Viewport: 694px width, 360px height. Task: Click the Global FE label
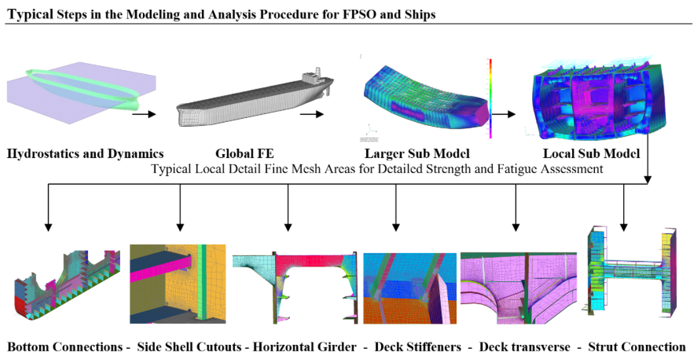[x=245, y=153]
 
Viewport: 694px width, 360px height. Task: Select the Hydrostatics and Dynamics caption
[x=85, y=154]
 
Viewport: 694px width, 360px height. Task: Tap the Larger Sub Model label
[x=417, y=153]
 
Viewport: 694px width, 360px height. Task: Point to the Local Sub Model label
[x=591, y=153]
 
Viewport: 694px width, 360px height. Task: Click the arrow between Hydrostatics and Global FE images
[x=144, y=114]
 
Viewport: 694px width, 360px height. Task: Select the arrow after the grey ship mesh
[x=312, y=114]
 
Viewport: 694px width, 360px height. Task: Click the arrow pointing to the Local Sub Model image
[x=504, y=114]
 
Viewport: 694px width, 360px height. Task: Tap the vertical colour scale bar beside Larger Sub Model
[x=490, y=98]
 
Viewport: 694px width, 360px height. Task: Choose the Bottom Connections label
[x=65, y=347]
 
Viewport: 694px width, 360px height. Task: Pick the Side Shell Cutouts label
[x=190, y=347]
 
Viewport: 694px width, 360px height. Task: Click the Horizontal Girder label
[x=304, y=347]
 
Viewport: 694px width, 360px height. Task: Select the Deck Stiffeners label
[x=418, y=347]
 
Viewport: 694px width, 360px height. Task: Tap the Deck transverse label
[x=525, y=347]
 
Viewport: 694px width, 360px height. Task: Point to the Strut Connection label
[x=637, y=347]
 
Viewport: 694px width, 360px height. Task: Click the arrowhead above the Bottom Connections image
[x=49, y=228]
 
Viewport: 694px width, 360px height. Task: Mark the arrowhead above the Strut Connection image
[x=624, y=228]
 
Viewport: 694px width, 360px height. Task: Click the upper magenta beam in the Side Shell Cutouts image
[x=161, y=272]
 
